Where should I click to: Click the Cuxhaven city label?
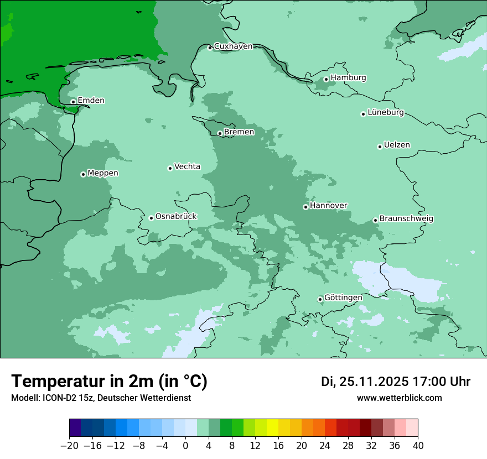tap(233, 46)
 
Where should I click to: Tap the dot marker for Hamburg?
tap(326, 79)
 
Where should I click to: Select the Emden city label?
tap(91, 100)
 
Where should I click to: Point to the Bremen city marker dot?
tap(220, 133)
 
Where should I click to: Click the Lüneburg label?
tap(385, 112)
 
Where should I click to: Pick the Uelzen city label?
tap(397, 145)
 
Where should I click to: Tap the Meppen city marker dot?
tap(83, 174)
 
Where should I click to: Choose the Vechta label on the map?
tap(187, 166)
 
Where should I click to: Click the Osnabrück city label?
tap(176, 216)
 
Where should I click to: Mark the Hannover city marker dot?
tap(305, 207)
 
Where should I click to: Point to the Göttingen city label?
tap(343, 298)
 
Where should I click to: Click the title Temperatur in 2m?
tap(109, 381)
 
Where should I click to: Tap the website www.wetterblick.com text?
tap(399, 398)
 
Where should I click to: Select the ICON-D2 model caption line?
tap(101, 398)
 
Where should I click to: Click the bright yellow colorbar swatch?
tap(272, 428)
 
